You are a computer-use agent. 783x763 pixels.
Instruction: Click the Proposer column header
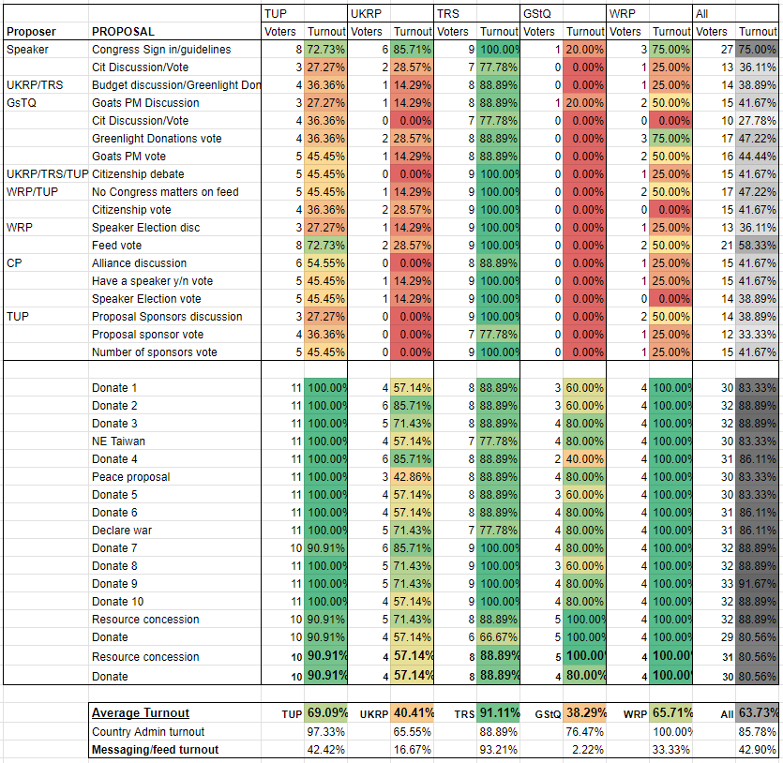pos(31,32)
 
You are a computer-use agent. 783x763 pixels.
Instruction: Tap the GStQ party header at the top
pos(536,13)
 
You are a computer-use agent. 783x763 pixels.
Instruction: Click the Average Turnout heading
pos(141,712)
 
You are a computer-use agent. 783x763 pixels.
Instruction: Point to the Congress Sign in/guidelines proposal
pos(161,50)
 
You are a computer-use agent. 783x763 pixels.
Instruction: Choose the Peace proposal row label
pos(131,477)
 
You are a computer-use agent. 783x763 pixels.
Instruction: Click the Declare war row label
pos(122,531)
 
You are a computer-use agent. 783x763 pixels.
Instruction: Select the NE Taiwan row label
pos(118,441)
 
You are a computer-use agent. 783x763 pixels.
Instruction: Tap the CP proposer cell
pos(14,263)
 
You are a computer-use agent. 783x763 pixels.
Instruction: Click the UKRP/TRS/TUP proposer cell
pos(48,174)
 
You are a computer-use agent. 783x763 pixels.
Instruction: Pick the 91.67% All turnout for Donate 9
pos(757,584)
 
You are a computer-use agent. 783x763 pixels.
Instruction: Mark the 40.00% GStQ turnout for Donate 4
pos(585,459)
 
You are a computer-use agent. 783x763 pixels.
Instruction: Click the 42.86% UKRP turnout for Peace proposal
pos(412,477)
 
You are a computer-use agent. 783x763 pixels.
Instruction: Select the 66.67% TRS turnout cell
pos(498,637)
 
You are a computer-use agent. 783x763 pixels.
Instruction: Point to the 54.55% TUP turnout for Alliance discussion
pos(325,263)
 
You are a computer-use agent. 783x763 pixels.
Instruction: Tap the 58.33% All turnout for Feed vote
pos(757,246)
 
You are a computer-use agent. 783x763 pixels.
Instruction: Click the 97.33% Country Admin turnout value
pos(325,732)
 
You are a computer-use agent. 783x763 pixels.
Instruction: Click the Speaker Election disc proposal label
pos(145,228)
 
